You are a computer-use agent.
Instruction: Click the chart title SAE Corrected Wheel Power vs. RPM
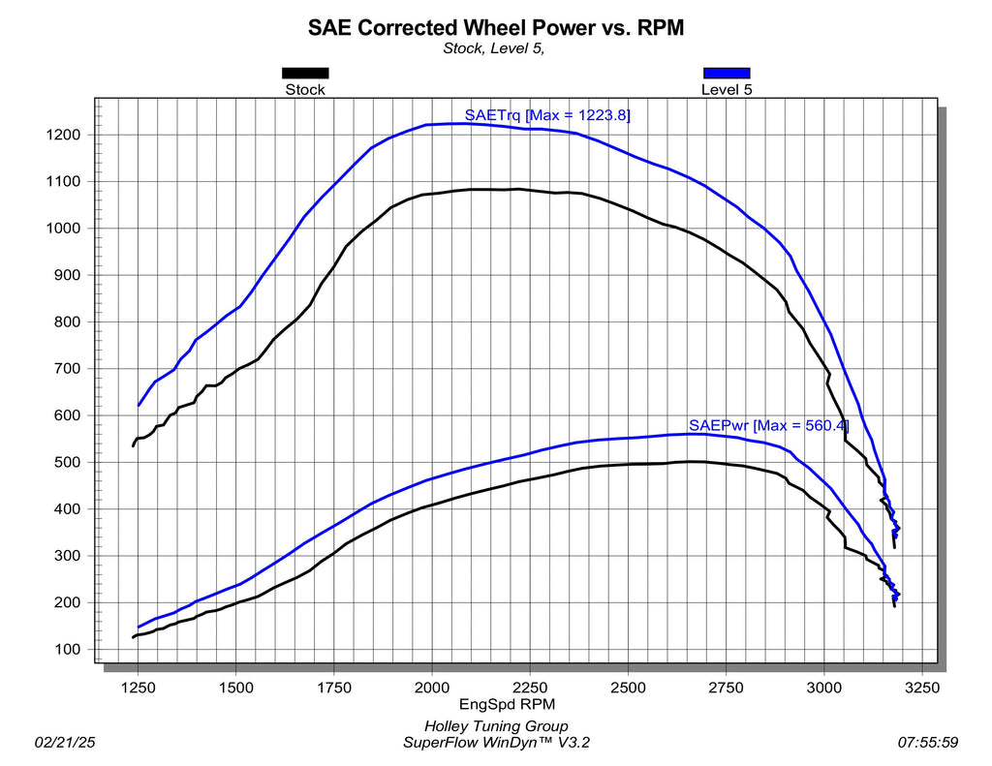(496, 27)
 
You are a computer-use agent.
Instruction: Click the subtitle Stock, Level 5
(494, 48)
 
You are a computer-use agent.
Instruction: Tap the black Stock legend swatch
(305, 73)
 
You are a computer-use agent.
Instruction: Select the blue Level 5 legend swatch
(727, 73)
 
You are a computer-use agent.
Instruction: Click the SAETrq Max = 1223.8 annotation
(547, 115)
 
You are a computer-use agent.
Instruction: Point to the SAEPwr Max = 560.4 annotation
(768, 425)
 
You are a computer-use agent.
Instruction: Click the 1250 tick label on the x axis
(138, 688)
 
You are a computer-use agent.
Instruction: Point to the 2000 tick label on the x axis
(432, 688)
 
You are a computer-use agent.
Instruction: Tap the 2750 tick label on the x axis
(727, 688)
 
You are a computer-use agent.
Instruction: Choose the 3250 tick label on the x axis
(922, 688)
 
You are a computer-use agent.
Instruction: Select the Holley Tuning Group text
(496, 726)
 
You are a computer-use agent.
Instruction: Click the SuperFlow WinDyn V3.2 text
(496, 743)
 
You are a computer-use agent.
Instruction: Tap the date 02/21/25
(64, 743)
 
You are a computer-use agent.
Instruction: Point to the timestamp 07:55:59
(927, 743)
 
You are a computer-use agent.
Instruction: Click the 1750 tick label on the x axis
(334, 688)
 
